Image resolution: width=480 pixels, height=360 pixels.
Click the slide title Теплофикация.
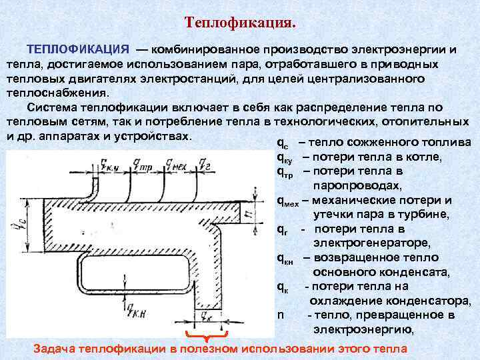240,23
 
